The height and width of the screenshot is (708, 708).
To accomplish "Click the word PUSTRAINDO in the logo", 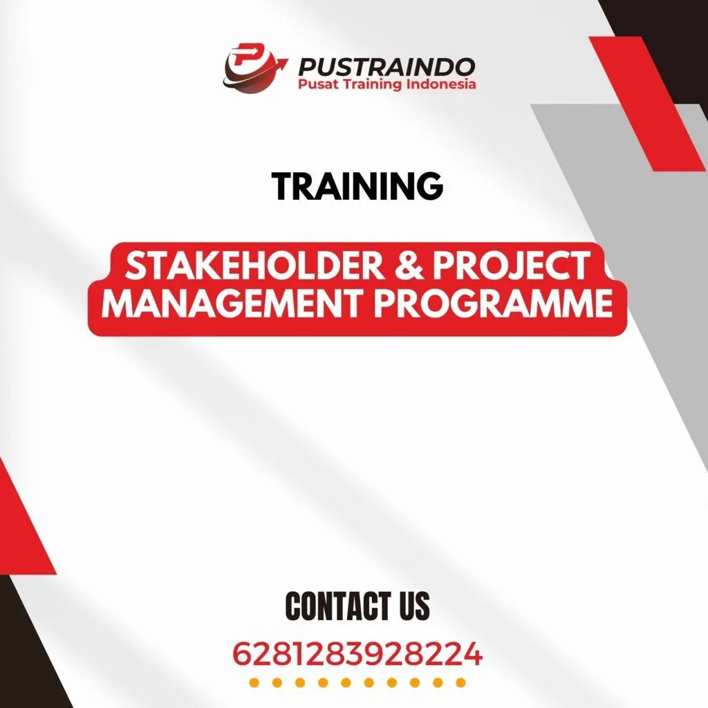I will [386, 67].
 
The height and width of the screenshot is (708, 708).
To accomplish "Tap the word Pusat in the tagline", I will [316, 84].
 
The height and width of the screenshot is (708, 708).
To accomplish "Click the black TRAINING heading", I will [357, 186].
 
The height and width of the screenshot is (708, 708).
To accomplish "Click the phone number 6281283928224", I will [357, 653].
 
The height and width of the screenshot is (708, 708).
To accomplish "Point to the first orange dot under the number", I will [254, 683].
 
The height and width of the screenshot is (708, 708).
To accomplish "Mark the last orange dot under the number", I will [460, 683].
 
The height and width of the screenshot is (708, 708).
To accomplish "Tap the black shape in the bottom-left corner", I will [28, 650].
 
